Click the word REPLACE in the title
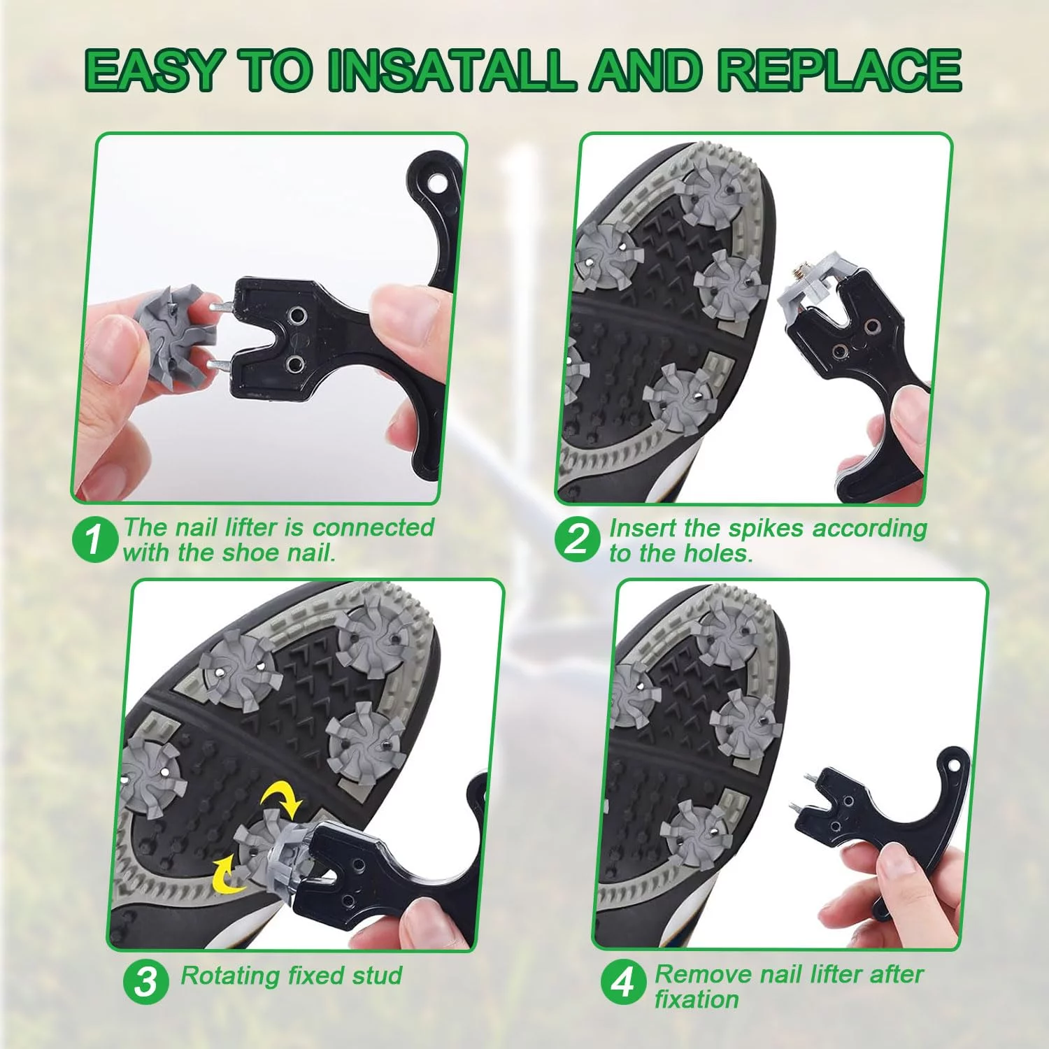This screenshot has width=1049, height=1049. (x=840, y=70)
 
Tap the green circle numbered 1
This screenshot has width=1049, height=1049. (x=94, y=539)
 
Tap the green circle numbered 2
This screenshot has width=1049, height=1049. (x=577, y=539)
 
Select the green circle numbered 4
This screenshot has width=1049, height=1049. (x=622, y=983)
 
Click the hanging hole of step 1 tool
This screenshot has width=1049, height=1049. (x=438, y=183)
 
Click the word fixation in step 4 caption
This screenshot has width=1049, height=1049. (x=697, y=999)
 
